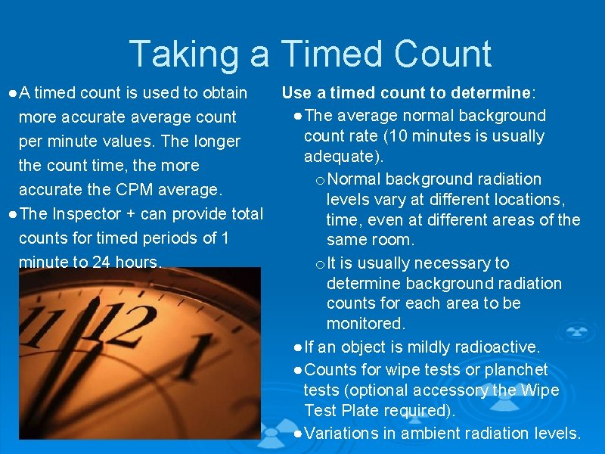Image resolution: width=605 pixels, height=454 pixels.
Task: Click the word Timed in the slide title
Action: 334,54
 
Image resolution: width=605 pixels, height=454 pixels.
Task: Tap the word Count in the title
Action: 441,54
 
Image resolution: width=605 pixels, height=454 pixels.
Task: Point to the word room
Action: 392,241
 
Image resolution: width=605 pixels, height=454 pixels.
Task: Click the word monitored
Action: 366,324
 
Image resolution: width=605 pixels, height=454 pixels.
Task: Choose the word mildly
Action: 433,347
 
